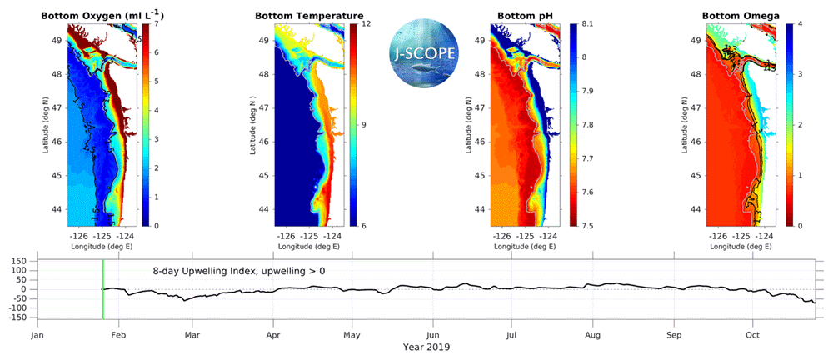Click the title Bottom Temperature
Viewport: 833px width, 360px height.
tap(308, 15)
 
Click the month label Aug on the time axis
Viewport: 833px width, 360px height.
tap(592, 335)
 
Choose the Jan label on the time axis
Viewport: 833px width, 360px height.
tap(37, 335)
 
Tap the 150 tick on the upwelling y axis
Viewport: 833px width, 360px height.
tap(18, 261)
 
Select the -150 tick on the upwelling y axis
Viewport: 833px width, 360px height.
tap(17, 317)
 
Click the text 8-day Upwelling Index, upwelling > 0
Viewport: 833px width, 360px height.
tap(238, 272)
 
